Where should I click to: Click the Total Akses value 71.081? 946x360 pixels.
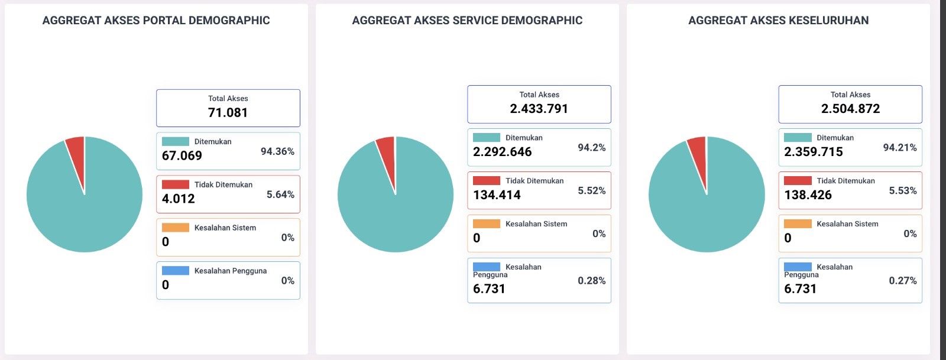(228, 113)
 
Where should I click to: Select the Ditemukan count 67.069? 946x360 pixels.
(182, 156)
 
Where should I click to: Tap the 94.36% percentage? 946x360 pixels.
(277, 152)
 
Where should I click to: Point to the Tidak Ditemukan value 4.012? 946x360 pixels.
(179, 199)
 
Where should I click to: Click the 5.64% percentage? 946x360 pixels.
(280, 195)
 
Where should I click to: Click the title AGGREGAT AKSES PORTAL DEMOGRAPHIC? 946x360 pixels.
(156, 21)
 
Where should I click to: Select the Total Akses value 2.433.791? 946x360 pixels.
(539, 109)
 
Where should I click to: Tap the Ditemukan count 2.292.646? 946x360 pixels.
(503, 152)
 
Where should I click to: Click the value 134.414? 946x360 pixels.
(497, 195)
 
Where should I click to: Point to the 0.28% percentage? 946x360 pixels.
(591, 281)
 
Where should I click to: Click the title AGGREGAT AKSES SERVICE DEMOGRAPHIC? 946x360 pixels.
(467, 21)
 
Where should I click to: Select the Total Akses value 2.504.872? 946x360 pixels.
(850, 109)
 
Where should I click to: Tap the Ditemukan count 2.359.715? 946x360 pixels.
(814, 152)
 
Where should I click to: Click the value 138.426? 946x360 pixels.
(808, 195)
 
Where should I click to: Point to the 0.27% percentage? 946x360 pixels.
(903, 281)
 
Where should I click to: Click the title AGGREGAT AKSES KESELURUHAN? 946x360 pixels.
(778, 21)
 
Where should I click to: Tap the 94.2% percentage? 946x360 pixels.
(591, 148)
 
